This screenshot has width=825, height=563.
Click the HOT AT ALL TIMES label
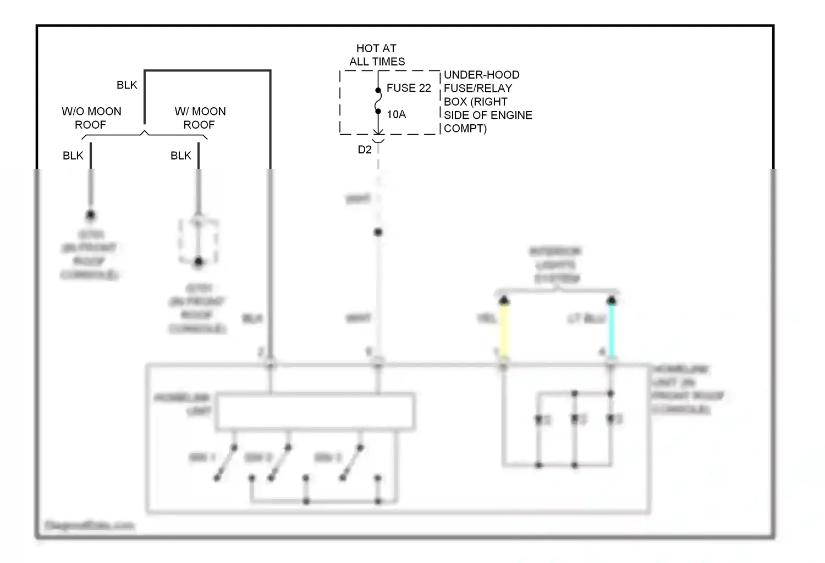(x=377, y=55)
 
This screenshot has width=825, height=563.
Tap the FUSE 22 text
(x=409, y=88)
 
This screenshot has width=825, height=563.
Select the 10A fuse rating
(x=396, y=114)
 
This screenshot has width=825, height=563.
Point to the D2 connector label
(x=365, y=150)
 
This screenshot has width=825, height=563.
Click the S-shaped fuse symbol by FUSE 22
(x=378, y=101)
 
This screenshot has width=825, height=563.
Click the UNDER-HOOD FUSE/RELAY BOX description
(x=487, y=102)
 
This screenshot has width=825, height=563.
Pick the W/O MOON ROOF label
(x=91, y=118)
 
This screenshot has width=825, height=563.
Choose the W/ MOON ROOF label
(x=200, y=118)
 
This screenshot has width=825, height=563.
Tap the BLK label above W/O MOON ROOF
(x=127, y=85)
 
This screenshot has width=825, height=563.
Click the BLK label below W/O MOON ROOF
(x=73, y=156)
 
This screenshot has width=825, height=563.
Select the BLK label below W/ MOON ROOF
(x=180, y=156)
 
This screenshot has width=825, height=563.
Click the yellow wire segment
(x=504, y=330)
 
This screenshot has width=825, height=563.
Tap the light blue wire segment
(x=612, y=330)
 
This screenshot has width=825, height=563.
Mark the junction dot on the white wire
(x=378, y=232)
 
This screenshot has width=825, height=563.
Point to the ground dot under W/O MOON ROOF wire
(x=91, y=215)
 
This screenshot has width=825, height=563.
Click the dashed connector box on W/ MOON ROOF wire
(x=199, y=241)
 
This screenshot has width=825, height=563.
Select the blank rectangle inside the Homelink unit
(x=315, y=411)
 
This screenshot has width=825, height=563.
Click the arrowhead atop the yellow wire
(x=504, y=300)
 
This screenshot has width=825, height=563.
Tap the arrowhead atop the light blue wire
(x=612, y=300)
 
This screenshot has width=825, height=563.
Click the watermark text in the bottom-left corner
(x=89, y=526)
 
